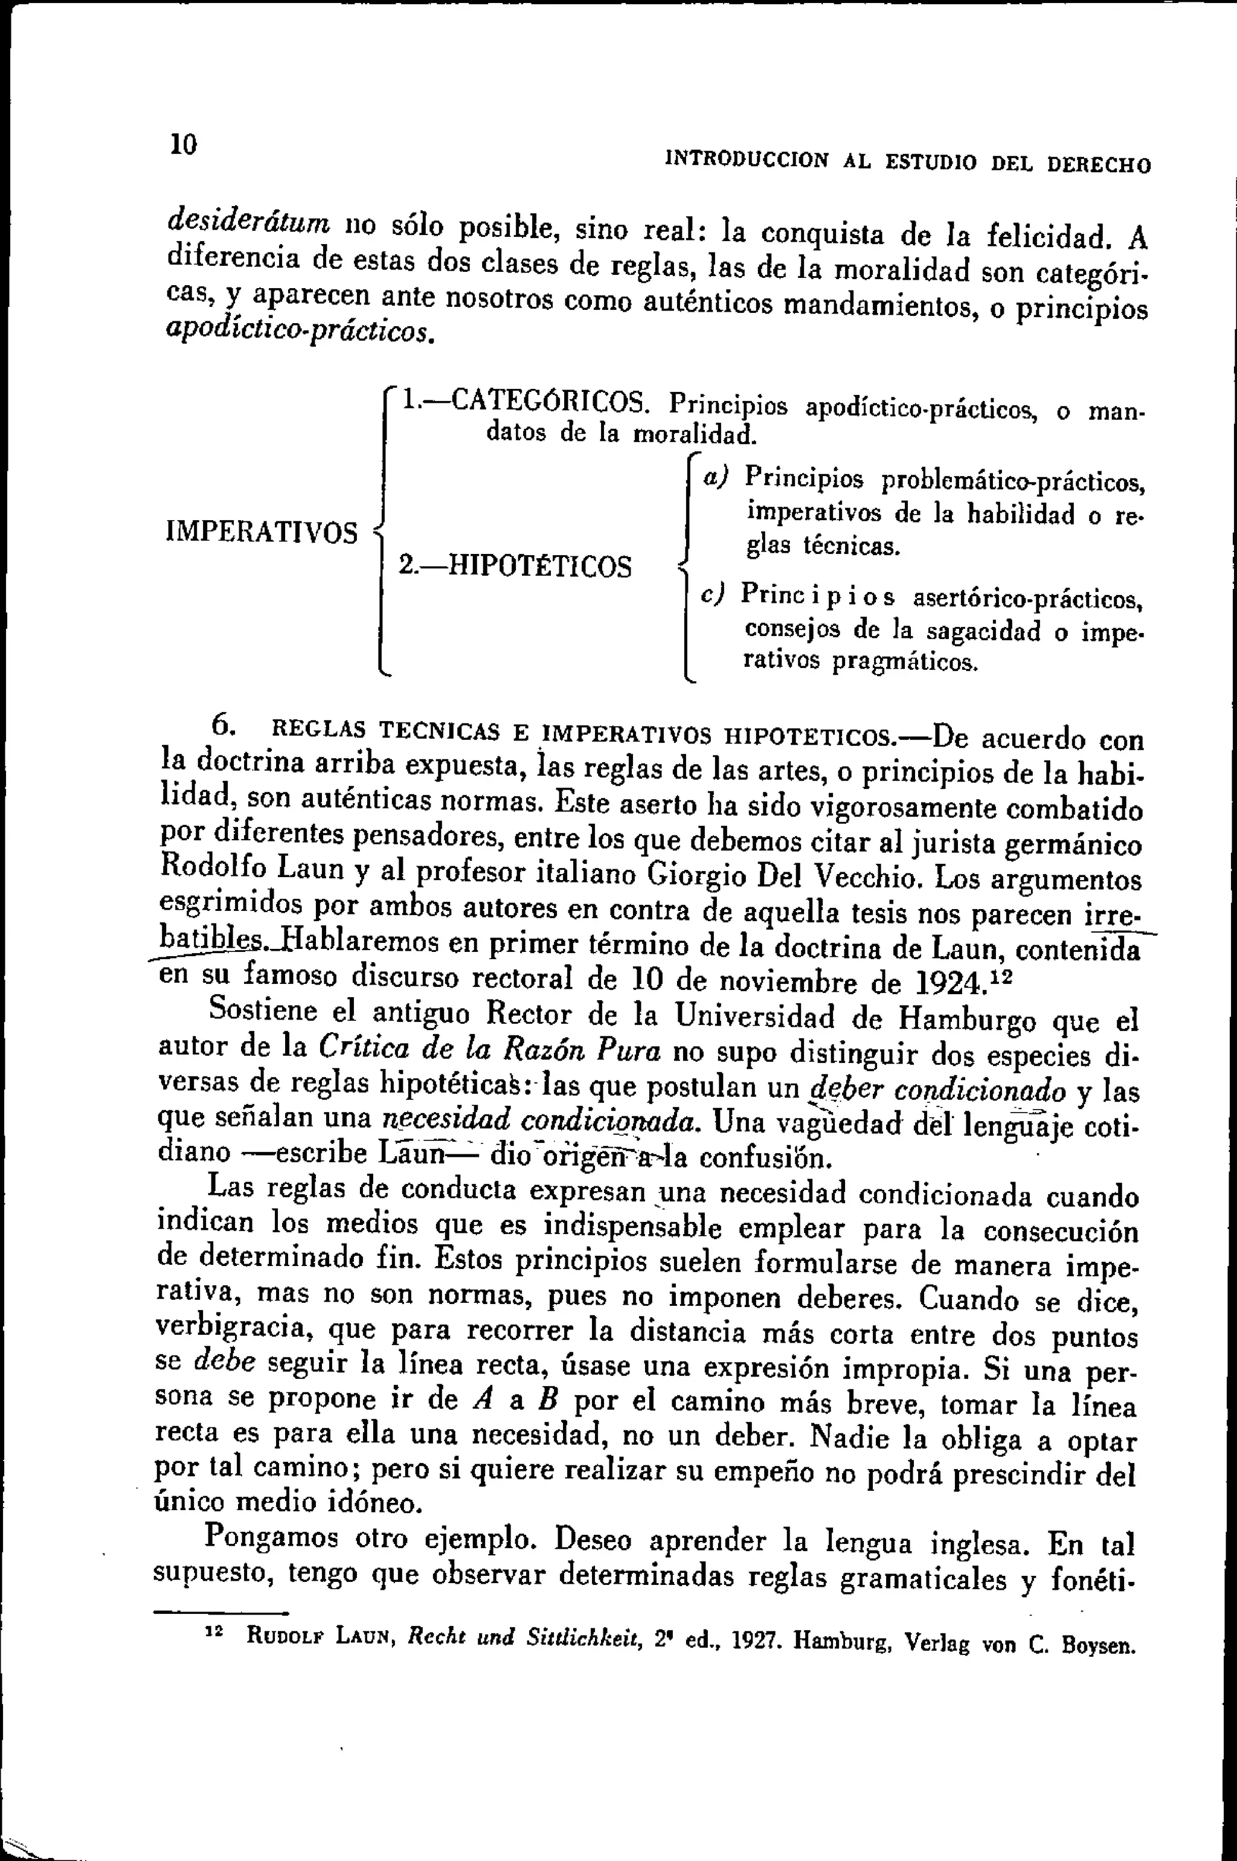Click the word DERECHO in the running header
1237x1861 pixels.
[1098, 165]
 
